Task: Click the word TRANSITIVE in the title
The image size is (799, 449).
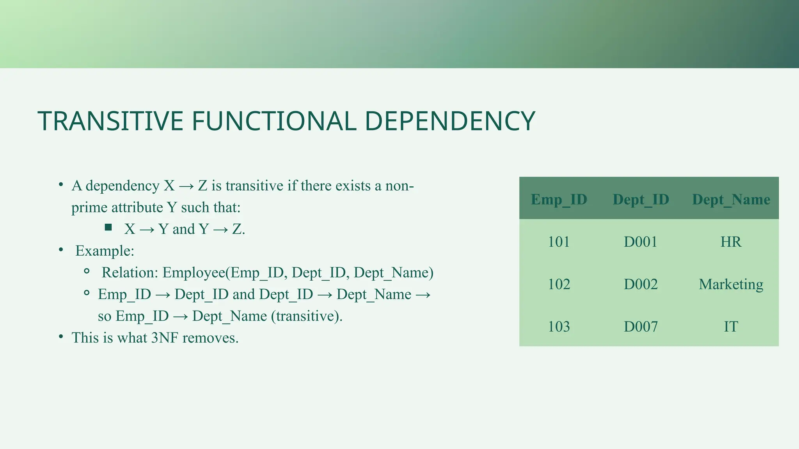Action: (x=110, y=121)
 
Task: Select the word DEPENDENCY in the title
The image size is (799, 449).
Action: (x=450, y=121)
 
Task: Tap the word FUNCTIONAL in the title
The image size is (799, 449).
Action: (x=274, y=121)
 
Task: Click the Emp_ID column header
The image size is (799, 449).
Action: (x=559, y=200)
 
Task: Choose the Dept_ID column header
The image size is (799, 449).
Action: (x=641, y=200)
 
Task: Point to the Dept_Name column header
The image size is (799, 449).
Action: (x=731, y=200)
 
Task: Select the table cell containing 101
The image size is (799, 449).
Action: (x=559, y=242)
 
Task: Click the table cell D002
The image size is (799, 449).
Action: (x=641, y=285)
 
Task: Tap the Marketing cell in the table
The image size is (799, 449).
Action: (x=731, y=285)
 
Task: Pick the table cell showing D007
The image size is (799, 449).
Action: (x=641, y=327)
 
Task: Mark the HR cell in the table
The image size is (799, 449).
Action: (x=731, y=242)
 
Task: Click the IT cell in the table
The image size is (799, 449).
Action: (x=731, y=327)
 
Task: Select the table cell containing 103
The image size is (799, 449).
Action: (x=559, y=327)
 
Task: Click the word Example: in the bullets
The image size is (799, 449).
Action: (x=105, y=251)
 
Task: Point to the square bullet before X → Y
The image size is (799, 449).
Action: (x=108, y=227)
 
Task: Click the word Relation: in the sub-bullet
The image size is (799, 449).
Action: (x=130, y=273)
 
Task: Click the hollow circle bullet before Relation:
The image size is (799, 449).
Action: (x=87, y=271)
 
